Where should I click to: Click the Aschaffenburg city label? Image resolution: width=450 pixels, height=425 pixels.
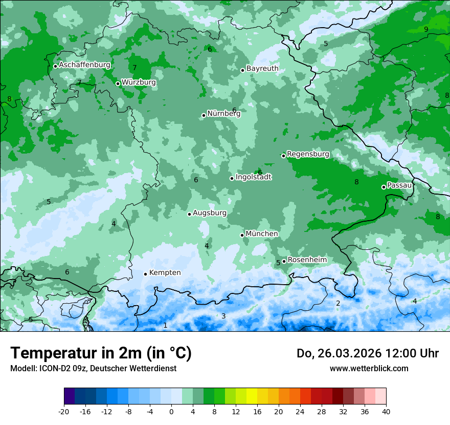point(84,65)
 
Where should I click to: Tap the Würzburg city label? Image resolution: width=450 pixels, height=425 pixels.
point(139,82)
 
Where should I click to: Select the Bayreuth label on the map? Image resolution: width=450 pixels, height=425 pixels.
point(262,68)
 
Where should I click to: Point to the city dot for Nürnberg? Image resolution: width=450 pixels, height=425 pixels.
point(204,115)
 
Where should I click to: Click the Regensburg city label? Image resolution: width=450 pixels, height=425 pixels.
point(308,154)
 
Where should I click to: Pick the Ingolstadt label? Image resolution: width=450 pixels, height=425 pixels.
point(253,177)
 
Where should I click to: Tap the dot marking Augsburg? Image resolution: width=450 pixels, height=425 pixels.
point(189,214)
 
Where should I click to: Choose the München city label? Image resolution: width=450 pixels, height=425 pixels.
point(262,233)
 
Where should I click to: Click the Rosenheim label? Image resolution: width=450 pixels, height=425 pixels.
point(307,260)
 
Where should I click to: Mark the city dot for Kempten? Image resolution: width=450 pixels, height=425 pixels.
point(145,274)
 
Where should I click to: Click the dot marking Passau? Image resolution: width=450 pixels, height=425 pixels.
point(384,187)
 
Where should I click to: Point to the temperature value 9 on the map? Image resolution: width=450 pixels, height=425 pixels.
point(426,29)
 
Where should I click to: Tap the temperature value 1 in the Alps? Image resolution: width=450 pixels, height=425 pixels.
point(165,325)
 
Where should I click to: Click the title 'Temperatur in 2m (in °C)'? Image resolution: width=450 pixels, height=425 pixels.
point(101,353)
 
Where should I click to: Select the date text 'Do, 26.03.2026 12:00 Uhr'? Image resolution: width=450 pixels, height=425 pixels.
point(368,353)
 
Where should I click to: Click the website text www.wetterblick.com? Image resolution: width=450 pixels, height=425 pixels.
point(369,368)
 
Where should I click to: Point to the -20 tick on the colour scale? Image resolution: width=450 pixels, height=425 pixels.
point(64,411)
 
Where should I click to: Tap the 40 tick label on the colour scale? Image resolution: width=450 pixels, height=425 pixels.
point(386,411)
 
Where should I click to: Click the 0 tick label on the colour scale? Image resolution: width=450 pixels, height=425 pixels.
point(171,411)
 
